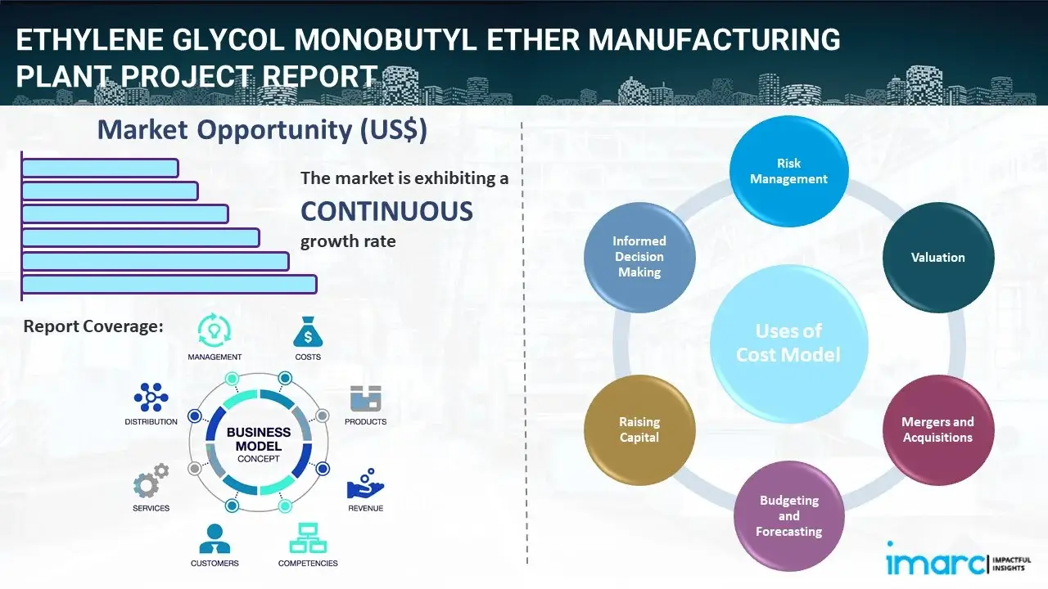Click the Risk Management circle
[788, 172]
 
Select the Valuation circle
[937, 258]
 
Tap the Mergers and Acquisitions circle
[937, 429]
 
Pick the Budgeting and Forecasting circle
[788, 515]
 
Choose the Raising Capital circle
[639, 429]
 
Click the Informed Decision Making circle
[639, 257]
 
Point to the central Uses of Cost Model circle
[788, 343]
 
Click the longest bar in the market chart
[169, 284]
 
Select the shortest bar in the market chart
[100, 168]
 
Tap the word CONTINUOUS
[386, 212]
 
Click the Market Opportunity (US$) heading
[262, 130]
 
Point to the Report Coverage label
[93, 326]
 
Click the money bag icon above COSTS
[308, 333]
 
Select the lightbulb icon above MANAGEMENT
[215, 330]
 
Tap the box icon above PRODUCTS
[365, 399]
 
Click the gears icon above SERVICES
[151, 483]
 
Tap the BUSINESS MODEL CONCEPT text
[259, 445]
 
